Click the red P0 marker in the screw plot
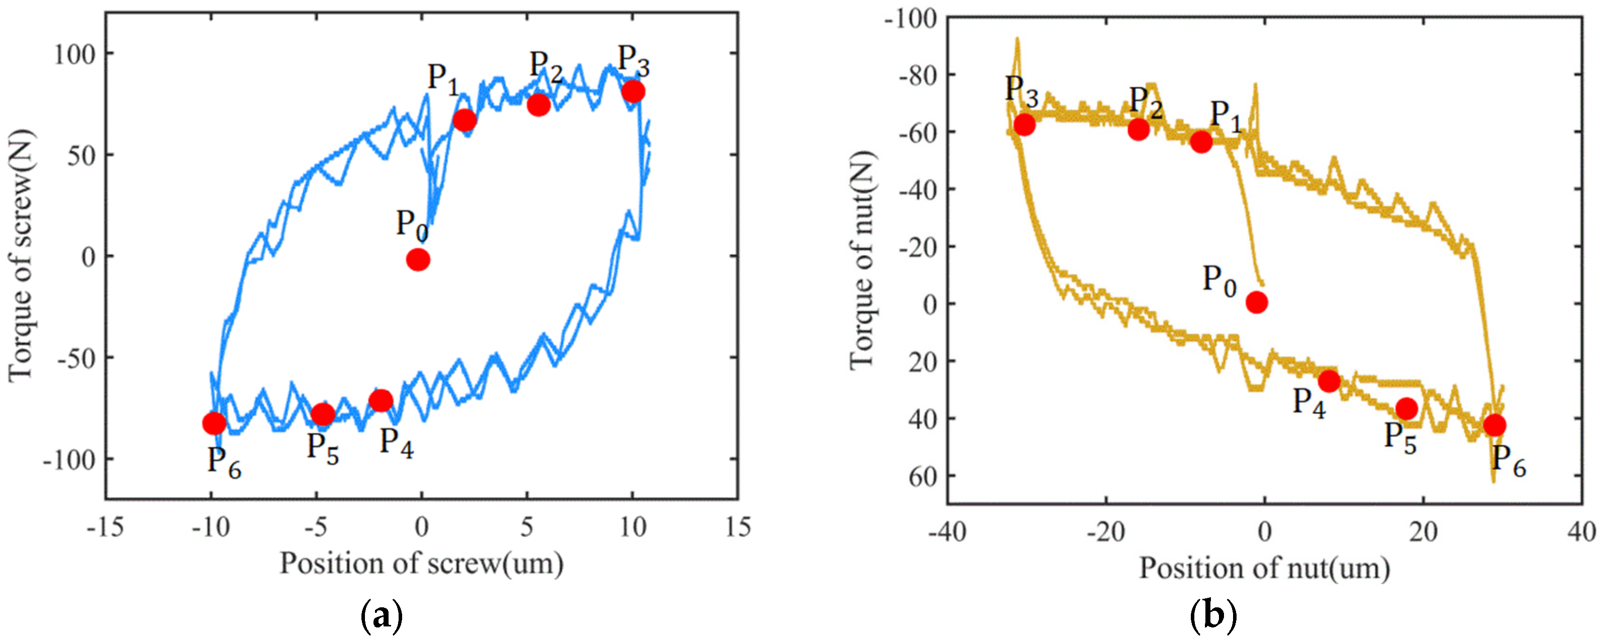click(418, 260)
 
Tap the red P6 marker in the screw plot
click(214, 423)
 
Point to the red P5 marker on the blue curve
click(323, 414)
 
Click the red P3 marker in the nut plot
click(1024, 125)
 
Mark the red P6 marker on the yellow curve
click(1494, 425)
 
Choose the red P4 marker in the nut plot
click(1329, 381)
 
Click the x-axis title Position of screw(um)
click(422, 564)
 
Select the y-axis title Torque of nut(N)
click(863, 260)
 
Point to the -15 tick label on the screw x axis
click(105, 527)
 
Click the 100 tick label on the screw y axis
click(74, 55)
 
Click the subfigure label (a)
click(382, 617)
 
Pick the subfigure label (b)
click(1213, 617)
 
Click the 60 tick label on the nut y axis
click(922, 477)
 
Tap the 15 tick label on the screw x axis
click(737, 527)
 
